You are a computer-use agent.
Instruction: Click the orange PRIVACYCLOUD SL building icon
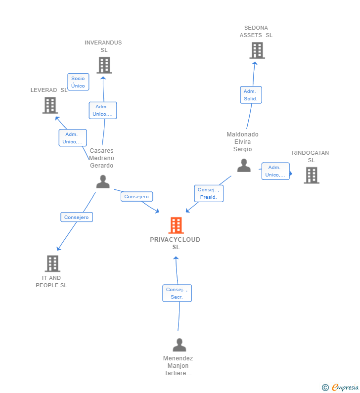click(176, 225)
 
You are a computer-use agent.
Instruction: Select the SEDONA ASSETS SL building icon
click(257, 50)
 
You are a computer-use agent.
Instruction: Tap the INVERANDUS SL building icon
click(104, 65)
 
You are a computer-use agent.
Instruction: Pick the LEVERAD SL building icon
click(50, 105)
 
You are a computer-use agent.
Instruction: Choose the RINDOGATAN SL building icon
click(311, 175)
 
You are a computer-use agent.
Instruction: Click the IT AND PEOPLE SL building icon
click(52, 263)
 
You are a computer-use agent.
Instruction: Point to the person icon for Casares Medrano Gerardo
click(103, 181)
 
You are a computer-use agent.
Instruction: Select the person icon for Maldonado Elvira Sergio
click(244, 165)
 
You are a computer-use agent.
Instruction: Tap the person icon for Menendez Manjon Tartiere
click(180, 345)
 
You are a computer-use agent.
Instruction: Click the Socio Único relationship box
click(78, 82)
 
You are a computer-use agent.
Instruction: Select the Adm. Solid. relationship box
click(251, 95)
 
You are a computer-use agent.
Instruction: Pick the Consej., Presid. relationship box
click(208, 193)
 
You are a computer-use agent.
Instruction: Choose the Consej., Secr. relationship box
click(177, 293)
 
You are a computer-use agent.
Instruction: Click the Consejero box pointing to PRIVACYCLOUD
click(136, 197)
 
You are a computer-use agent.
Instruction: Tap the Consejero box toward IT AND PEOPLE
click(77, 217)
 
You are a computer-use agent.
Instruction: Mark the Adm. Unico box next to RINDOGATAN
click(275, 171)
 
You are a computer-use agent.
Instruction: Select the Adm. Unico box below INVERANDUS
click(103, 110)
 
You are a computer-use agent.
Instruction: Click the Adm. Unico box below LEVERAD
click(73, 138)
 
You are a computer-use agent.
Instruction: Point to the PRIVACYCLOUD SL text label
click(175, 243)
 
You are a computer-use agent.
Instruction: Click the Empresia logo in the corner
click(341, 388)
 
